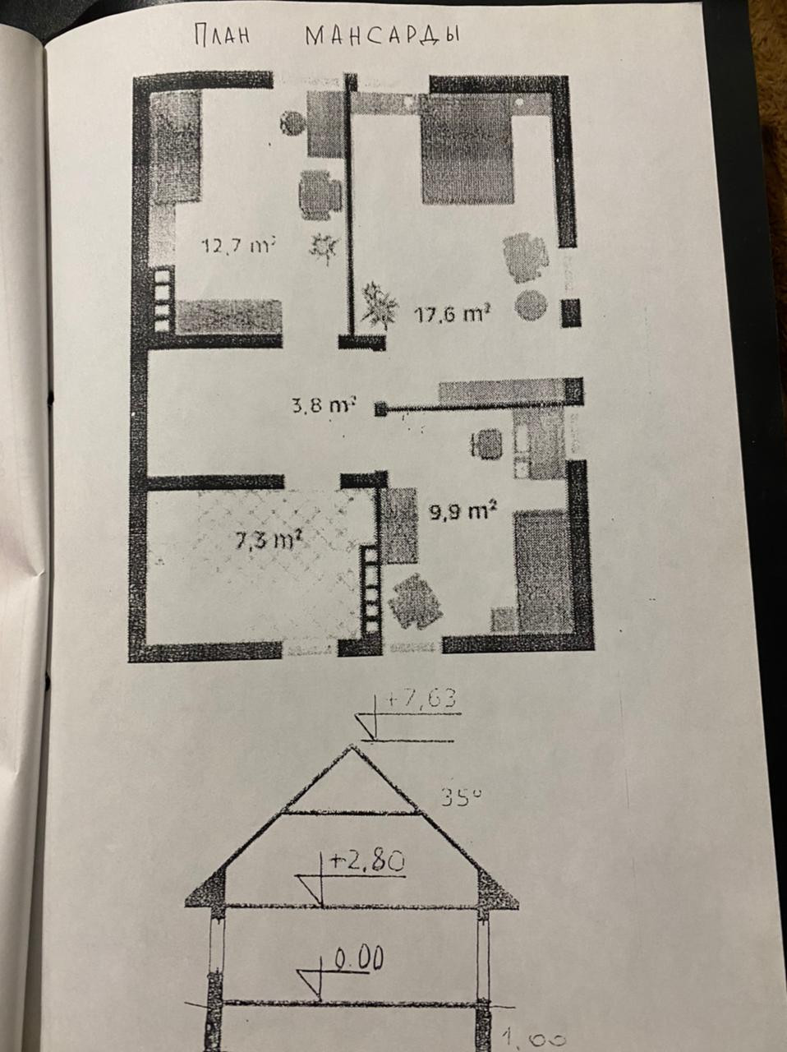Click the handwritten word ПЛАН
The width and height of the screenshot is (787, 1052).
click(221, 37)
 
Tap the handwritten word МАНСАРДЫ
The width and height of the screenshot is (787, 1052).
click(382, 37)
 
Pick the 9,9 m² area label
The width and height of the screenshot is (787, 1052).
click(463, 512)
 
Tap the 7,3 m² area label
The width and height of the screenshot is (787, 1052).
click(266, 541)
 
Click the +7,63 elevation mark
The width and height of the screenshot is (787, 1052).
click(419, 699)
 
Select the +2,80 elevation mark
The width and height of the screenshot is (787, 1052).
click(367, 862)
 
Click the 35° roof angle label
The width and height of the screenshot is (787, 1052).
click(459, 796)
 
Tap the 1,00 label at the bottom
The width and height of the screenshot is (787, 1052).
click(533, 1040)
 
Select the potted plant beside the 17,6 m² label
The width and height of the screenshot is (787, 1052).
click(378, 307)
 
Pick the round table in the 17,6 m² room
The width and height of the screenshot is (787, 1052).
click(531, 306)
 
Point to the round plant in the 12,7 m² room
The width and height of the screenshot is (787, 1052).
click(290, 123)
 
